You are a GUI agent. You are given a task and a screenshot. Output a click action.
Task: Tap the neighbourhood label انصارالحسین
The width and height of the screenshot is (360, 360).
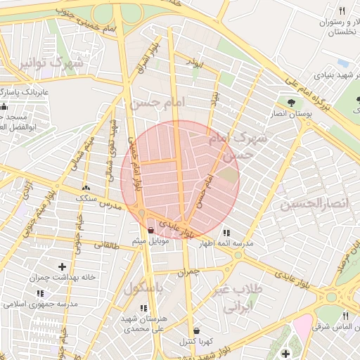(314, 204)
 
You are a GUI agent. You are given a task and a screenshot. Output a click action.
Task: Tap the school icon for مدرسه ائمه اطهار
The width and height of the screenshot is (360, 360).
(226, 233)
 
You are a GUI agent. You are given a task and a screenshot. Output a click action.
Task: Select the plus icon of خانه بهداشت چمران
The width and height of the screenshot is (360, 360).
(63, 267)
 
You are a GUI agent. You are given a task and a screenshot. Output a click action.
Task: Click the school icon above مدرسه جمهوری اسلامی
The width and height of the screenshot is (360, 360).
(40, 293)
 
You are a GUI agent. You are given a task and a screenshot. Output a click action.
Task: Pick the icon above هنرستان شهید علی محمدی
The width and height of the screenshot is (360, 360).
(144, 308)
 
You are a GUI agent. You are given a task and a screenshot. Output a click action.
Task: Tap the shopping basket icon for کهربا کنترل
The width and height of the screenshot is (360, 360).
(195, 330)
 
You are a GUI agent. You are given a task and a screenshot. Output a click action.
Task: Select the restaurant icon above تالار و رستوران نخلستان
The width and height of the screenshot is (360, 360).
(342, 11)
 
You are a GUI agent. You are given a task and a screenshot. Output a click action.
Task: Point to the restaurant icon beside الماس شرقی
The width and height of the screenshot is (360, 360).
(345, 316)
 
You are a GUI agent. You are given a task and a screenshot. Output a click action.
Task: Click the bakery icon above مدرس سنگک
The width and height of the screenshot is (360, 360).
(86, 188)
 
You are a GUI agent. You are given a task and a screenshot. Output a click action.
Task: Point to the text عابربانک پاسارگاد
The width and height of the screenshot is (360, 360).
(11, 92)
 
